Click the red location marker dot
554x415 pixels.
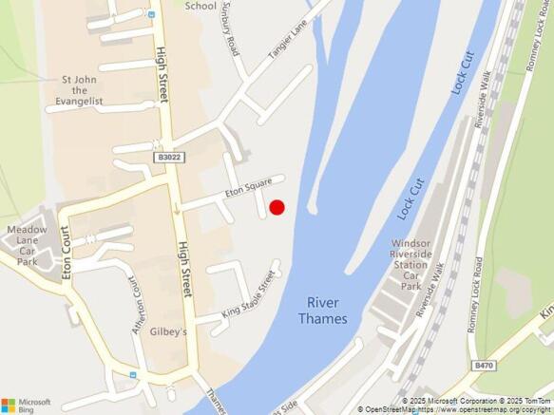coord(277,207)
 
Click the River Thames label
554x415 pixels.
coord(323,311)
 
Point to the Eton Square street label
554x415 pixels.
coord(248,186)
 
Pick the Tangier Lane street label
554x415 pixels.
coord(291,42)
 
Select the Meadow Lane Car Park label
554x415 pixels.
coord(27,245)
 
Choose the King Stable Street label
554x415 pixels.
coord(249,295)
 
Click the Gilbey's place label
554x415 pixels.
coord(170,332)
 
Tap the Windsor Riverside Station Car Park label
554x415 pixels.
coord(411,265)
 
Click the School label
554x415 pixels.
coord(201,6)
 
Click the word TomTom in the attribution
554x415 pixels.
coord(533,401)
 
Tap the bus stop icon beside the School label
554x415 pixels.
coord(152,16)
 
